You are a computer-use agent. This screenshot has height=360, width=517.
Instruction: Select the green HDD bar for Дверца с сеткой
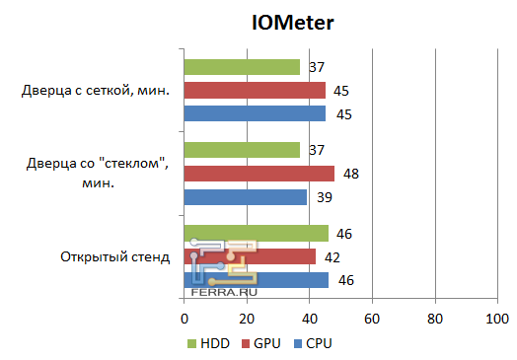coord(242,67)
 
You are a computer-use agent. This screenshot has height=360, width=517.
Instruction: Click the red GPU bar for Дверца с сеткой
coord(255,91)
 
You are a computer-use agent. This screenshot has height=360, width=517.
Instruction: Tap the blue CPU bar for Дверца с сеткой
coord(255,113)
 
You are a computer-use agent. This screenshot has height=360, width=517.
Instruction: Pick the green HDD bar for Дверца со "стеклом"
coord(242,150)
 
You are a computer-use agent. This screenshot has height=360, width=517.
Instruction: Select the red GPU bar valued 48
coord(258,174)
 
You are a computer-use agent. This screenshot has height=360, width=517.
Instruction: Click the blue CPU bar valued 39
coord(245,197)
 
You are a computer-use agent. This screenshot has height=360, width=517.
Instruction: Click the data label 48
coord(351,174)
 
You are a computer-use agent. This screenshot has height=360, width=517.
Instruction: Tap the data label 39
coord(324,197)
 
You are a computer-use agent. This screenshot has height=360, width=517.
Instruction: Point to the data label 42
coord(333,256)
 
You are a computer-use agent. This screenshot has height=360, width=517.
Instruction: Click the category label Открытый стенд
coord(115,257)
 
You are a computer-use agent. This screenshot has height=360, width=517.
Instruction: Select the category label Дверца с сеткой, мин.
coord(96,92)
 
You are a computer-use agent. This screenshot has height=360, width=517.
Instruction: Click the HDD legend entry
coord(208,343)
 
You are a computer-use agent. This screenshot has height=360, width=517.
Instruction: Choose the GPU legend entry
coord(260,343)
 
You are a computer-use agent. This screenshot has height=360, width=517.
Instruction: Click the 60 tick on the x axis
coord(372,319)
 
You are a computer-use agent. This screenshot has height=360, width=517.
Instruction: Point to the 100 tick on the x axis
coord(496,319)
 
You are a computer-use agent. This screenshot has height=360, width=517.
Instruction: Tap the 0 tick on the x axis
coord(184,319)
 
